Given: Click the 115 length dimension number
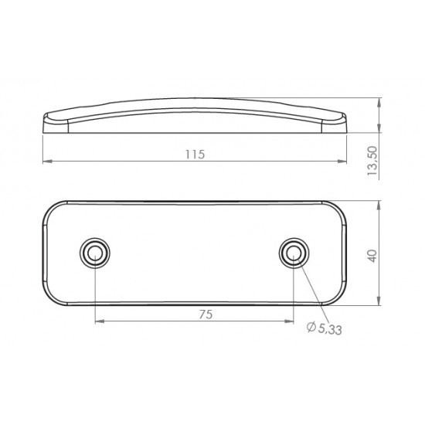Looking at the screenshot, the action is (x=195, y=155).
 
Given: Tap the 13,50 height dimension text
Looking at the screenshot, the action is (x=372, y=161).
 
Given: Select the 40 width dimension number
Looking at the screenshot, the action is (x=372, y=256).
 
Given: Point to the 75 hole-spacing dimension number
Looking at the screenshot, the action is (x=206, y=314).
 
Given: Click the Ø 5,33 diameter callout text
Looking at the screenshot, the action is (x=325, y=328).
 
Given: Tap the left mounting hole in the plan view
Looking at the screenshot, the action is (x=95, y=253).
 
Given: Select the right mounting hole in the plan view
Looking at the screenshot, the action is (x=294, y=253).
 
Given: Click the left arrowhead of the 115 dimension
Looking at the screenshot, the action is (x=47, y=161).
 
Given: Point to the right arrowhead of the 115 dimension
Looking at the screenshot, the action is (x=342, y=161).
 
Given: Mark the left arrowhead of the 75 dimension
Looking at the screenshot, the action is (x=100, y=321).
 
